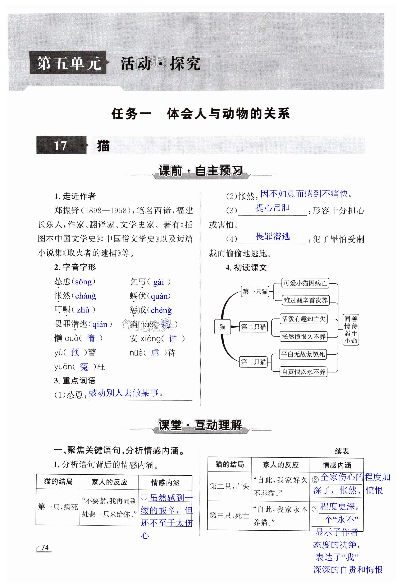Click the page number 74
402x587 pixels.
(45, 547)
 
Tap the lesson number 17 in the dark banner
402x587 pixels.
(60, 146)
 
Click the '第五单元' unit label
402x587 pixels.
(69, 63)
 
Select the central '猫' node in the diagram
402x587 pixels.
(223, 327)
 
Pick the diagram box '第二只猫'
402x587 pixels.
(253, 327)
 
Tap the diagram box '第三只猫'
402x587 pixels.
(253, 362)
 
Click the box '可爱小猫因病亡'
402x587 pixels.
(305, 283)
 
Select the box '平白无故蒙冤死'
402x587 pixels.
(303, 354)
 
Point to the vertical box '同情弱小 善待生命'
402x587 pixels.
(351, 330)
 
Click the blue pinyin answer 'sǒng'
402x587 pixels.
(83, 282)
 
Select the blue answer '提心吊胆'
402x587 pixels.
(272, 208)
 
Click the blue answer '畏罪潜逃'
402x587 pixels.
(273, 236)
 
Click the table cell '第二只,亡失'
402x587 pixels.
(229, 486)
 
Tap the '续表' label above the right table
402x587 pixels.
(342, 451)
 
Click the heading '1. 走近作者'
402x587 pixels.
(75, 196)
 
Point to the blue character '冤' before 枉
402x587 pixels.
(84, 367)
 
